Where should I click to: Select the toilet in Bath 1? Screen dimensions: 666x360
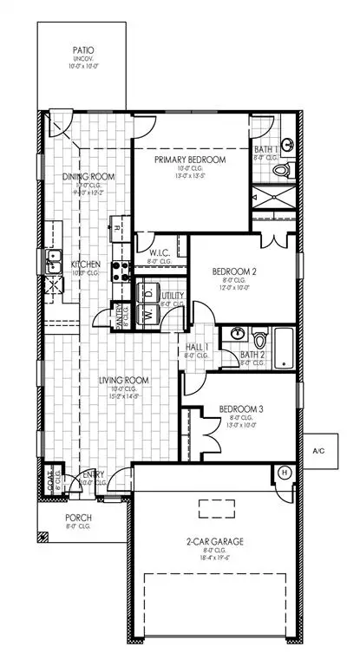pyautogui.click(x=279, y=171)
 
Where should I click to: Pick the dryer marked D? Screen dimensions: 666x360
pyautogui.click(x=148, y=296)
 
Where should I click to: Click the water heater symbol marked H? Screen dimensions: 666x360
pyautogui.click(x=283, y=473)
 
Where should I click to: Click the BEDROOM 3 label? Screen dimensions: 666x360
pyautogui.click(x=239, y=408)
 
